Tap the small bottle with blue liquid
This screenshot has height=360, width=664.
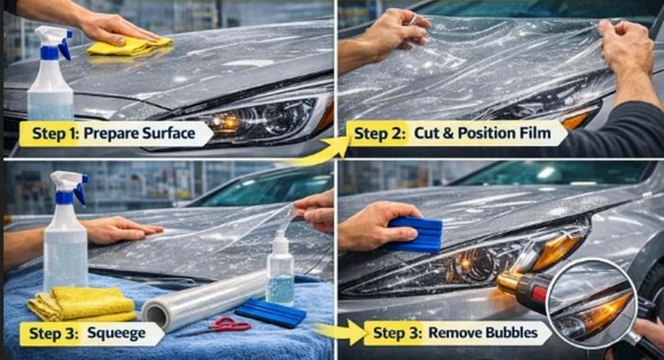[x=280, y=272]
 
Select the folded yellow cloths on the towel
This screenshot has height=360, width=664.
[x=82, y=304]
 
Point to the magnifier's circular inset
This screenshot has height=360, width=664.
[x=591, y=301]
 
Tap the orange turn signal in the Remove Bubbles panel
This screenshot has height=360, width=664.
[x=554, y=250]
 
